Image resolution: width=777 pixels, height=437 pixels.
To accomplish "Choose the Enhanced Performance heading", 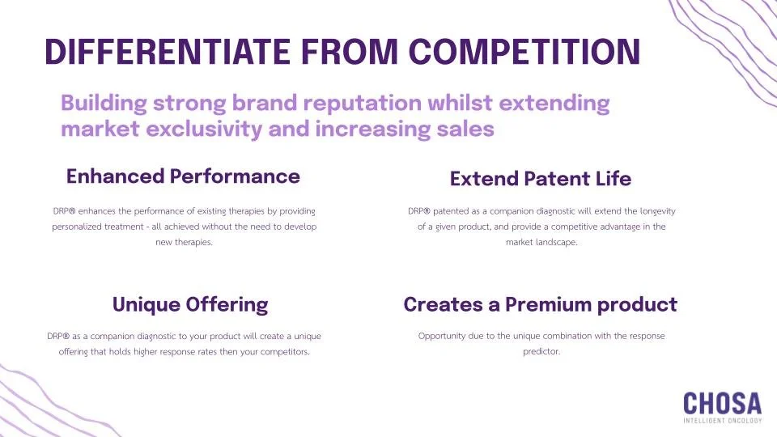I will coord(183,176).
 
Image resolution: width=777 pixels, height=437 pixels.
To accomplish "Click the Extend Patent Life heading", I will coord(541,178).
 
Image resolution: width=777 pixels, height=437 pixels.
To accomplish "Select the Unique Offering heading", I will coord(189,305).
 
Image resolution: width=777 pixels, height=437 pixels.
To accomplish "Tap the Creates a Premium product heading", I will coord(540,305).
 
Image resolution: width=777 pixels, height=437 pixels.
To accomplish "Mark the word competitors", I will coord(282,352).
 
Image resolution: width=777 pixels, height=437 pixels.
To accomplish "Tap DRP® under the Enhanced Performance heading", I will coord(65,211).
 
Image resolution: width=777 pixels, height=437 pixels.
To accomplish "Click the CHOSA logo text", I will coord(722,403).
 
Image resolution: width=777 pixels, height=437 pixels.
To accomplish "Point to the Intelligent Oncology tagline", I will coord(722,421).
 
